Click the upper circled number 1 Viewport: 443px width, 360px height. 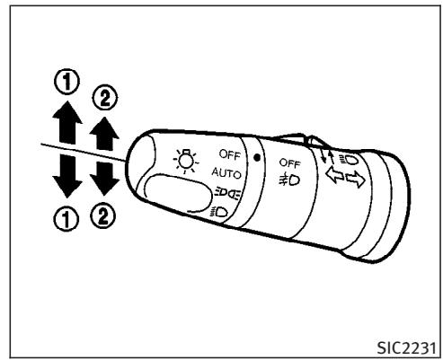(x=66, y=82)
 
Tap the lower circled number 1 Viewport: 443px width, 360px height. (x=66, y=219)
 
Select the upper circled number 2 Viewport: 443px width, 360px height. (x=104, y=98)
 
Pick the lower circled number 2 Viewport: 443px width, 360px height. (x=103, y=215)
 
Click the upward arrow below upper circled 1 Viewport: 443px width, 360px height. (x=67, y=122)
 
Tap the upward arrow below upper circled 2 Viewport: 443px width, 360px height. (x=104, y=134)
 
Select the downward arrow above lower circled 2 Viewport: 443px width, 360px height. (x=104, y=179)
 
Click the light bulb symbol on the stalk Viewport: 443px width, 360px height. (x=186, y=162)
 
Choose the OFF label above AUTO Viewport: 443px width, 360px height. (x=230, y=154)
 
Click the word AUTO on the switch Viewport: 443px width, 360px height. (x=226, y=173)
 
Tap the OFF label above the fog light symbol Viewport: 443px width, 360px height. (x=289, y=163)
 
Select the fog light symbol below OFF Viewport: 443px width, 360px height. (x=289, y=179)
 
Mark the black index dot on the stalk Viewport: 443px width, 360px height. (x=257, y=157)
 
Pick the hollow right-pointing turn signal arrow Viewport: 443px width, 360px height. (x=355, y=180)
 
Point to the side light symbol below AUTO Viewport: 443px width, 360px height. (x=227, y=193)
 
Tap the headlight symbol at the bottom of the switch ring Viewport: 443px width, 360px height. (x=219, y=212)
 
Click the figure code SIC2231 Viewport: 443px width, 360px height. (x=406, y=348)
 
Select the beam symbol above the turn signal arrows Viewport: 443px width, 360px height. (x=350, y=159)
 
